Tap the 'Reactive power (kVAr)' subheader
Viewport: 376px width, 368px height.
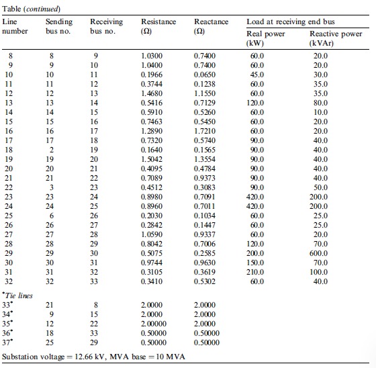335,38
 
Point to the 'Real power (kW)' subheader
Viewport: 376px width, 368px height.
266,38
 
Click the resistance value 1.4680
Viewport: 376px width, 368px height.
152,93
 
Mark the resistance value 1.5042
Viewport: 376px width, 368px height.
152,159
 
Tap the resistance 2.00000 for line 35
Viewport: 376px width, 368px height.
154,324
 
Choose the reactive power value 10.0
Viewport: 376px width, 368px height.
321,112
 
